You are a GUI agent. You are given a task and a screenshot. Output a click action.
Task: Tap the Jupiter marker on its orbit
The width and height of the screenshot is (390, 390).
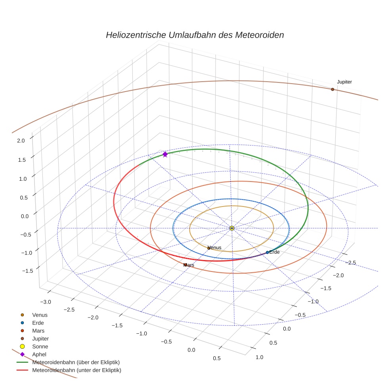point(333,89)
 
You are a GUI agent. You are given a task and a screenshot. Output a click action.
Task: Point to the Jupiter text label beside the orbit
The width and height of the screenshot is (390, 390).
point(344,82)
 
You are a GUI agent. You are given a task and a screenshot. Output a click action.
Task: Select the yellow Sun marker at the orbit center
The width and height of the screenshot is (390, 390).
point(232,228)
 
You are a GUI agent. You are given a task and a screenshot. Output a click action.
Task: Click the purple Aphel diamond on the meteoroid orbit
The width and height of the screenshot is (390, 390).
point(165,154)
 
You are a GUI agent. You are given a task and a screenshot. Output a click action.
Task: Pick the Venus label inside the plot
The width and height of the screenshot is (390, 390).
point(215,248)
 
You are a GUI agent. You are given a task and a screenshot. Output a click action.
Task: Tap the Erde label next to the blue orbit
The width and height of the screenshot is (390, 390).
point(274,252)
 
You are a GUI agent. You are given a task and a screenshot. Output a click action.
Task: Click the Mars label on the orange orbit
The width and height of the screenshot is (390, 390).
point(189,265)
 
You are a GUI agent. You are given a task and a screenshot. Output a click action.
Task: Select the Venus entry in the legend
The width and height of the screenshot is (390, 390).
point(40,315)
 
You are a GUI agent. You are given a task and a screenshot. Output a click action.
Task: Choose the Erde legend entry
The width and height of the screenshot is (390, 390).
point(38,323)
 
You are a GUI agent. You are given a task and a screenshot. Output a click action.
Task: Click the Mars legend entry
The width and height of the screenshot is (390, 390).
point(38,331)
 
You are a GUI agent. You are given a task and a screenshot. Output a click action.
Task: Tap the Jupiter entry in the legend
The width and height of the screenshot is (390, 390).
point(40,338)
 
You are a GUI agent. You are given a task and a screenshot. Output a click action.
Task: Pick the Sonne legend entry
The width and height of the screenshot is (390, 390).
point(40,346)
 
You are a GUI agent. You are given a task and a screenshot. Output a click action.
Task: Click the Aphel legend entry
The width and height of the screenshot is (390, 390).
point(39,354)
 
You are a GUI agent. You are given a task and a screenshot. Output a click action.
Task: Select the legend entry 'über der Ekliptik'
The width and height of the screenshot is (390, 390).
point(76,362)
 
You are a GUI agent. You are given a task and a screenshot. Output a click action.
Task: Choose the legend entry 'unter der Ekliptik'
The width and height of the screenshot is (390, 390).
point(76,370)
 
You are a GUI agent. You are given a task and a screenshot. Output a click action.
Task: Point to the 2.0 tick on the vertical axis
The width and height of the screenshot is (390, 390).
point(21,140)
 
